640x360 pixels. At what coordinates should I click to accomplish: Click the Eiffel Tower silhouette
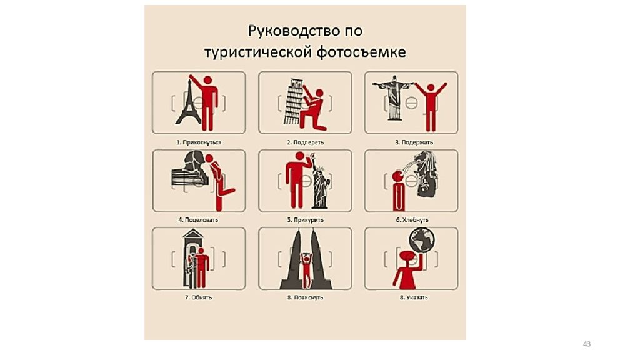(189, 107)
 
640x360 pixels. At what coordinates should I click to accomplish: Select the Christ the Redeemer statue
(394, 98)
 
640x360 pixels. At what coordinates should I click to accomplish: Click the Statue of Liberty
(320, 182)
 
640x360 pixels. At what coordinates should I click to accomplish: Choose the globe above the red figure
(422, 241)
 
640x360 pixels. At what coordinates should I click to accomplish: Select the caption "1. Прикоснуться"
(199, 142)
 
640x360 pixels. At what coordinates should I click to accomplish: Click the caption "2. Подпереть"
(305, 142)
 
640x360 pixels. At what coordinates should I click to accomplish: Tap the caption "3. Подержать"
(414, 142)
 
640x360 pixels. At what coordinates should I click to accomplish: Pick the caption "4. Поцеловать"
(198, 220)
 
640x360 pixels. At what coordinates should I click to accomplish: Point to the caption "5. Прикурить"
(305, 220)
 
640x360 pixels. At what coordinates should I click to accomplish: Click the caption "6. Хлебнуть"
(412, 220)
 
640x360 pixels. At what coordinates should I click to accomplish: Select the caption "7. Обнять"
(198, 297)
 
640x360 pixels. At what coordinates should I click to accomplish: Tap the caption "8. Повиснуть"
(305, 297)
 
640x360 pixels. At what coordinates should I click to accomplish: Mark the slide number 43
(587, 344)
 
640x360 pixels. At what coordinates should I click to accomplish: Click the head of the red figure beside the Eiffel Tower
(207, 80)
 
